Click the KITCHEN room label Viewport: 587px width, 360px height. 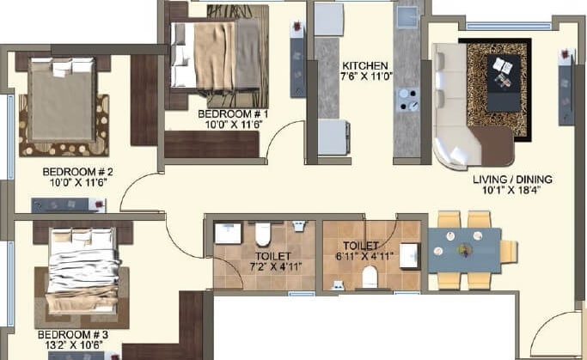coord(365,65)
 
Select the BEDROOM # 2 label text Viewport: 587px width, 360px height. coord(78,171)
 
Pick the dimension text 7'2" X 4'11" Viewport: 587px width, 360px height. coord(272,266)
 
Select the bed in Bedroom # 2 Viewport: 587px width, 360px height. coord(63,99)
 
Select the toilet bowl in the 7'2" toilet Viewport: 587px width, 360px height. coord(263,234)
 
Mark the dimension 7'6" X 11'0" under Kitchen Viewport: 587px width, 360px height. coord(365,76)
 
